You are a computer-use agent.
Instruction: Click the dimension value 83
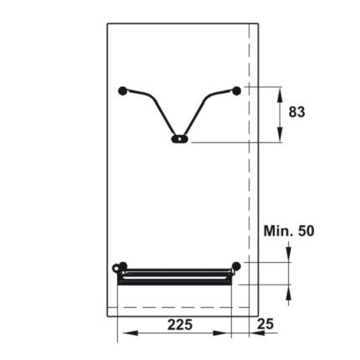point(296,112)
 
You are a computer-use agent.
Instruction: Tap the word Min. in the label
point(278,230)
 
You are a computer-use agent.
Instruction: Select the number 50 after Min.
point(305,230)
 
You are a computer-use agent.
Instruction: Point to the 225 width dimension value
point(181,323)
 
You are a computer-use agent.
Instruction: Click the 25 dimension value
point(265,323)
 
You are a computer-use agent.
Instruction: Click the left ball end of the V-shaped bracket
point(124,90)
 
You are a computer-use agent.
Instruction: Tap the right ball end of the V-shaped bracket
point(237,89)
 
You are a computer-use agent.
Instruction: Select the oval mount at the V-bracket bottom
point(178,141)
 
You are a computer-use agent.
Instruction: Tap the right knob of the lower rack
point(237,266)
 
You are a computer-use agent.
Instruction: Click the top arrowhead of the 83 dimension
point(280,92)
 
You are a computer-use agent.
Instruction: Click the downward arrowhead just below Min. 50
point(287,255)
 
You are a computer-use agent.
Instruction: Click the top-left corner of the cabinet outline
point(107,23)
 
